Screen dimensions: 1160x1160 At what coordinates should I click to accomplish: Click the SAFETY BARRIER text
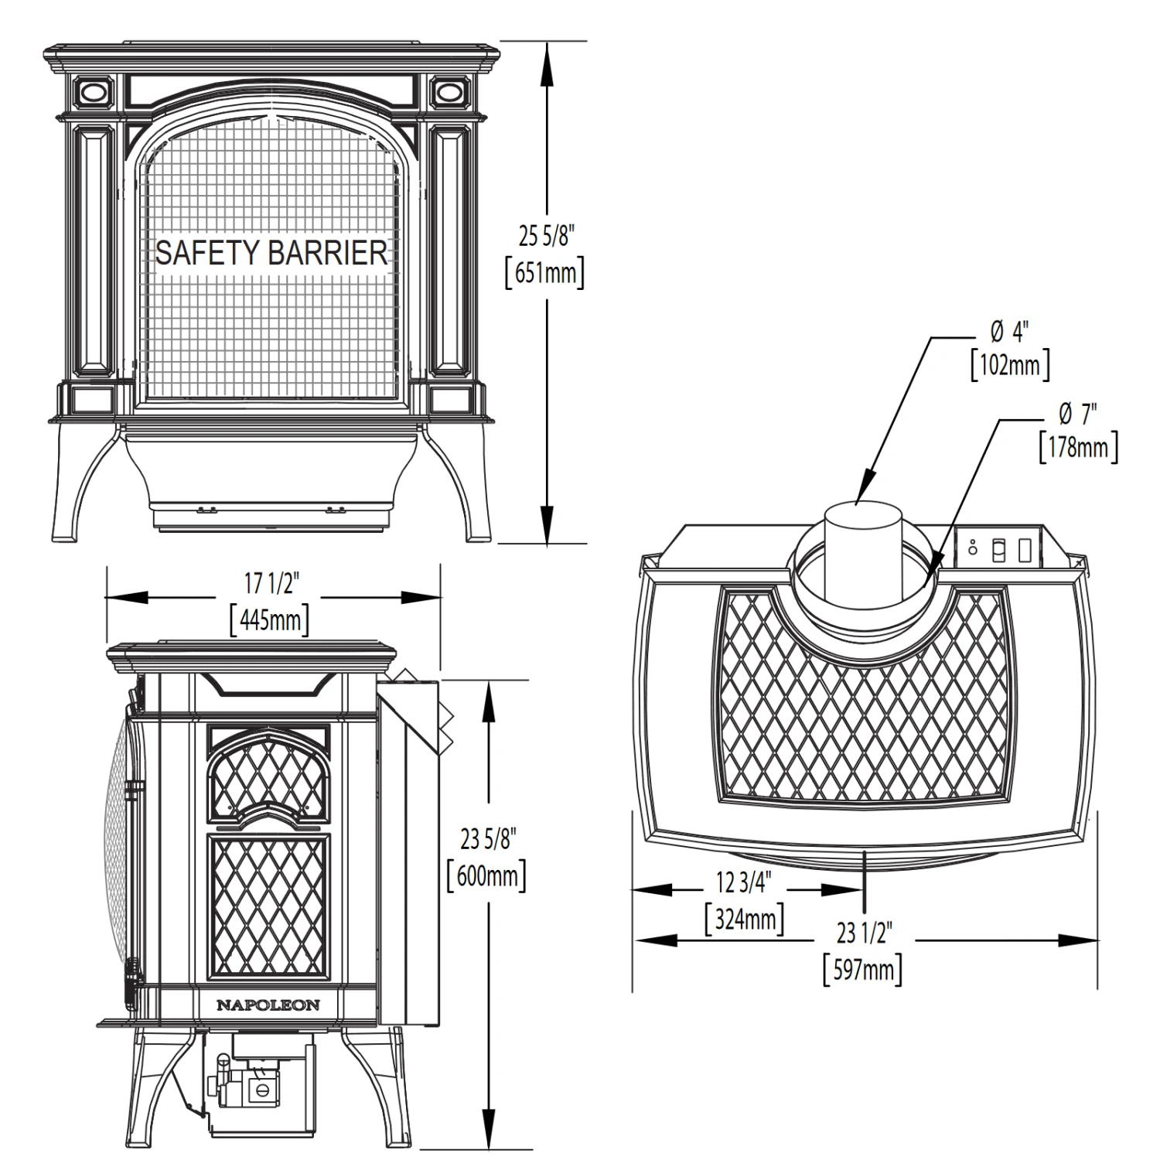pos(271,253)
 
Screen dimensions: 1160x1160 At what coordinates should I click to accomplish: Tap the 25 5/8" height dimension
pos(546,236)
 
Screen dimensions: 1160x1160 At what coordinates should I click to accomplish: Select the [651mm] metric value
pos(545,273)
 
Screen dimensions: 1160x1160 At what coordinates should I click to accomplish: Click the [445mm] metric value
pos(271,619)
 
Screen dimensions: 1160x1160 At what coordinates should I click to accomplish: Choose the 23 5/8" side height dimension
pos(487,839)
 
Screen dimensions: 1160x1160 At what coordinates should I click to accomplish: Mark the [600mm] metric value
pos(487,876)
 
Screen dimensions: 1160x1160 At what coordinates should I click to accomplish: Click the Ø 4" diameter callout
pos(1010,333)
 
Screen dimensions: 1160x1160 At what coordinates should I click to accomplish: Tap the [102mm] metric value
pos(1010,364)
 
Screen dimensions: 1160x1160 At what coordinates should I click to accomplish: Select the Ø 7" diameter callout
pos(1078,415)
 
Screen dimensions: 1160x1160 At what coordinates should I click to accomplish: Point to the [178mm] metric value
pos(1078,447)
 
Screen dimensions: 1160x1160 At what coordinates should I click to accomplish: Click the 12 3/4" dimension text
pos(744,882)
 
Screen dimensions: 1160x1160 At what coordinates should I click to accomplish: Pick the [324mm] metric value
pos(744,919)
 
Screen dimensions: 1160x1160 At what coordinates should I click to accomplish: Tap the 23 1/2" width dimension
pos(864,933)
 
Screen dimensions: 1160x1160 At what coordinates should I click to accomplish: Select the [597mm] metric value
pos(863,969)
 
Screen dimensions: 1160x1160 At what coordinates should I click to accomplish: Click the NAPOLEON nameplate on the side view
pos(268,1005)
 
